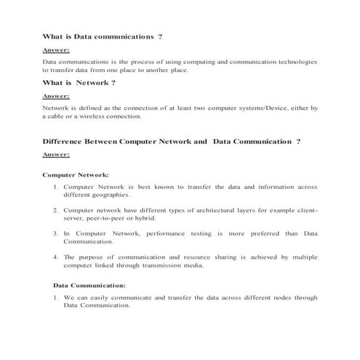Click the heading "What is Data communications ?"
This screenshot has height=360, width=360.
point(103,36)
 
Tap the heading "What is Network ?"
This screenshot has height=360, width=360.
point(79,82)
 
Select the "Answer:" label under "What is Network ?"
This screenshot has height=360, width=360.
point(56,96)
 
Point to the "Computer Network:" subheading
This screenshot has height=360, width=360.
point(76,175)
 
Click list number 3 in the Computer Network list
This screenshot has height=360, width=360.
point(55,233)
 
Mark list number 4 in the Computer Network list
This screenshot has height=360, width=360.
point(55,257)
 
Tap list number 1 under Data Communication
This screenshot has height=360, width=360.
point(55,297)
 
